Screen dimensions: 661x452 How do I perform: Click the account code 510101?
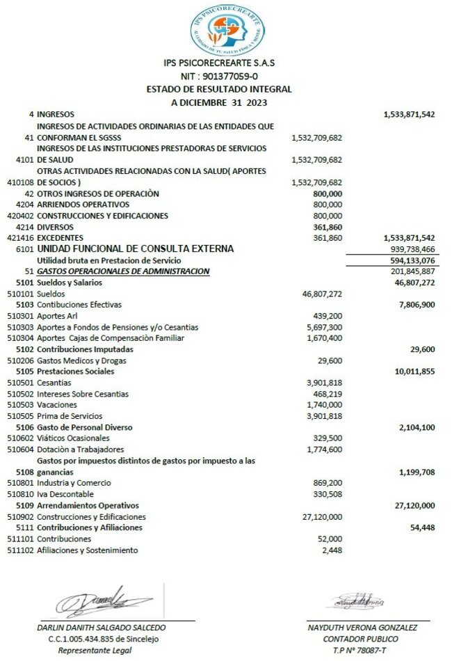click(x=19, y=294)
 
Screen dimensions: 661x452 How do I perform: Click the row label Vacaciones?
click(x=56, y=405)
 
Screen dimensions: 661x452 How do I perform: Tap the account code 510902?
click(x=19, y=517)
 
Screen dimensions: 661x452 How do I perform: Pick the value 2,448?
click(x=332, y=550)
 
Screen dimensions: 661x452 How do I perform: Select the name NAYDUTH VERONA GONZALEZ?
click(x=362, y=627)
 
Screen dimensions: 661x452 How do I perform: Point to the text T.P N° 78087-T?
click(x=361, y=650)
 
